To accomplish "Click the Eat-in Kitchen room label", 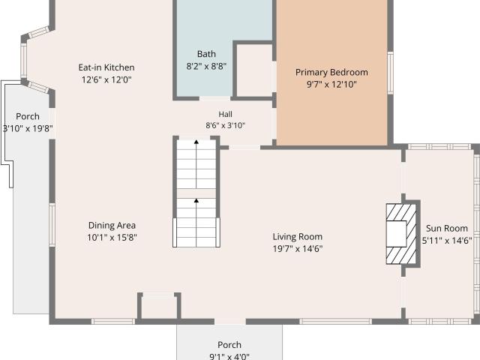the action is [106, 67].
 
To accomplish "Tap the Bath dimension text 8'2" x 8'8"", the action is [206, 66].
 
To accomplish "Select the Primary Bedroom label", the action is [331, 73].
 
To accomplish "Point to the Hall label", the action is [225, 114].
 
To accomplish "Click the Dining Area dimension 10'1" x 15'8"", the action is [112, 237].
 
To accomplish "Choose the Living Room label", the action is [298, 237].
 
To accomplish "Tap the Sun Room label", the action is [447, 228].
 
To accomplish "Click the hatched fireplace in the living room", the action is [401, 234].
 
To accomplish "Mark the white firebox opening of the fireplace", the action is [397, 234].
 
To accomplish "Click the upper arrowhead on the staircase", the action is [196, 142].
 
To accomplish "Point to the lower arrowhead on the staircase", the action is [196, 200].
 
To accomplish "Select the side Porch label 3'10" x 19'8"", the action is [28, 122].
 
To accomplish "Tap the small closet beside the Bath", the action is [254, 71].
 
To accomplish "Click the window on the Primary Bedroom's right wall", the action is [390, 73].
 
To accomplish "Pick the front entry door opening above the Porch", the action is [230, 322].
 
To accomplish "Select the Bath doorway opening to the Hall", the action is [215, 98].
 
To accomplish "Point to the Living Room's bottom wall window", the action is [335, 322].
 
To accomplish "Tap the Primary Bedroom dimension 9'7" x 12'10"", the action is [331, 85].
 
